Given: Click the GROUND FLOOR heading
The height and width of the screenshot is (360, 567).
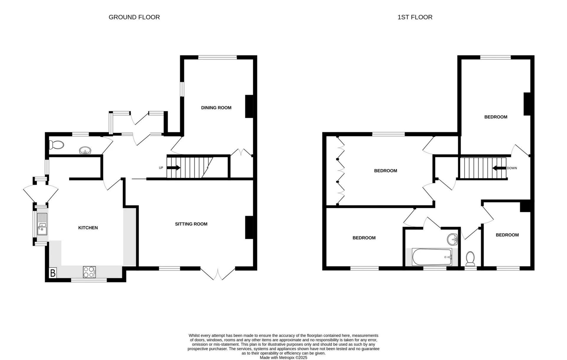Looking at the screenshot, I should pos(134,17).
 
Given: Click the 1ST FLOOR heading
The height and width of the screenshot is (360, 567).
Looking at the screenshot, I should pos(415,17).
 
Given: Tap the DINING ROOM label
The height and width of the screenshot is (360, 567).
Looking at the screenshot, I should pos(216,108).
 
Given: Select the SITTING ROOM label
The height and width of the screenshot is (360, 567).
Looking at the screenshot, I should pos(191,224).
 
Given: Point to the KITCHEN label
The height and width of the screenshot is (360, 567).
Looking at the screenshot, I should pos(88,228).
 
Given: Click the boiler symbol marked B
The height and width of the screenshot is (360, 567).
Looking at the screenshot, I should pos(53,273).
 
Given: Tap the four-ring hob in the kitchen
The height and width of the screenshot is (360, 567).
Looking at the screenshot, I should pos(89,272).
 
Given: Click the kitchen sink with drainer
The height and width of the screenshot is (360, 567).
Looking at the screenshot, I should pos(42,224).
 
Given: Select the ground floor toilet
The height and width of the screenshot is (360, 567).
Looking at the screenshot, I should pos(57,145).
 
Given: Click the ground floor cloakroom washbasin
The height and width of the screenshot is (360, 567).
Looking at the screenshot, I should pos(85,151).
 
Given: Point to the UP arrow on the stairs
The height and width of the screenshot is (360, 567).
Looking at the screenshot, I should pos(174,168).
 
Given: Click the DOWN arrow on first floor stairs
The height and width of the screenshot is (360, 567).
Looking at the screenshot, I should pos(499,168).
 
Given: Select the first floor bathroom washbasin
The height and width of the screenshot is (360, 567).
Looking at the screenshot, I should pos(452,239).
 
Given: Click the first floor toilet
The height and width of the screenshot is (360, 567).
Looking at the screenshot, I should pos(470,258).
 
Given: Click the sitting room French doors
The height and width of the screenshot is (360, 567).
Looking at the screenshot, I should pos(218,274).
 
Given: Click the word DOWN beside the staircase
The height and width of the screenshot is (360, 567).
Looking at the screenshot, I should pos(512,168).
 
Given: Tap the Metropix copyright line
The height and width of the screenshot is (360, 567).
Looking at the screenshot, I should pos(283,358).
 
